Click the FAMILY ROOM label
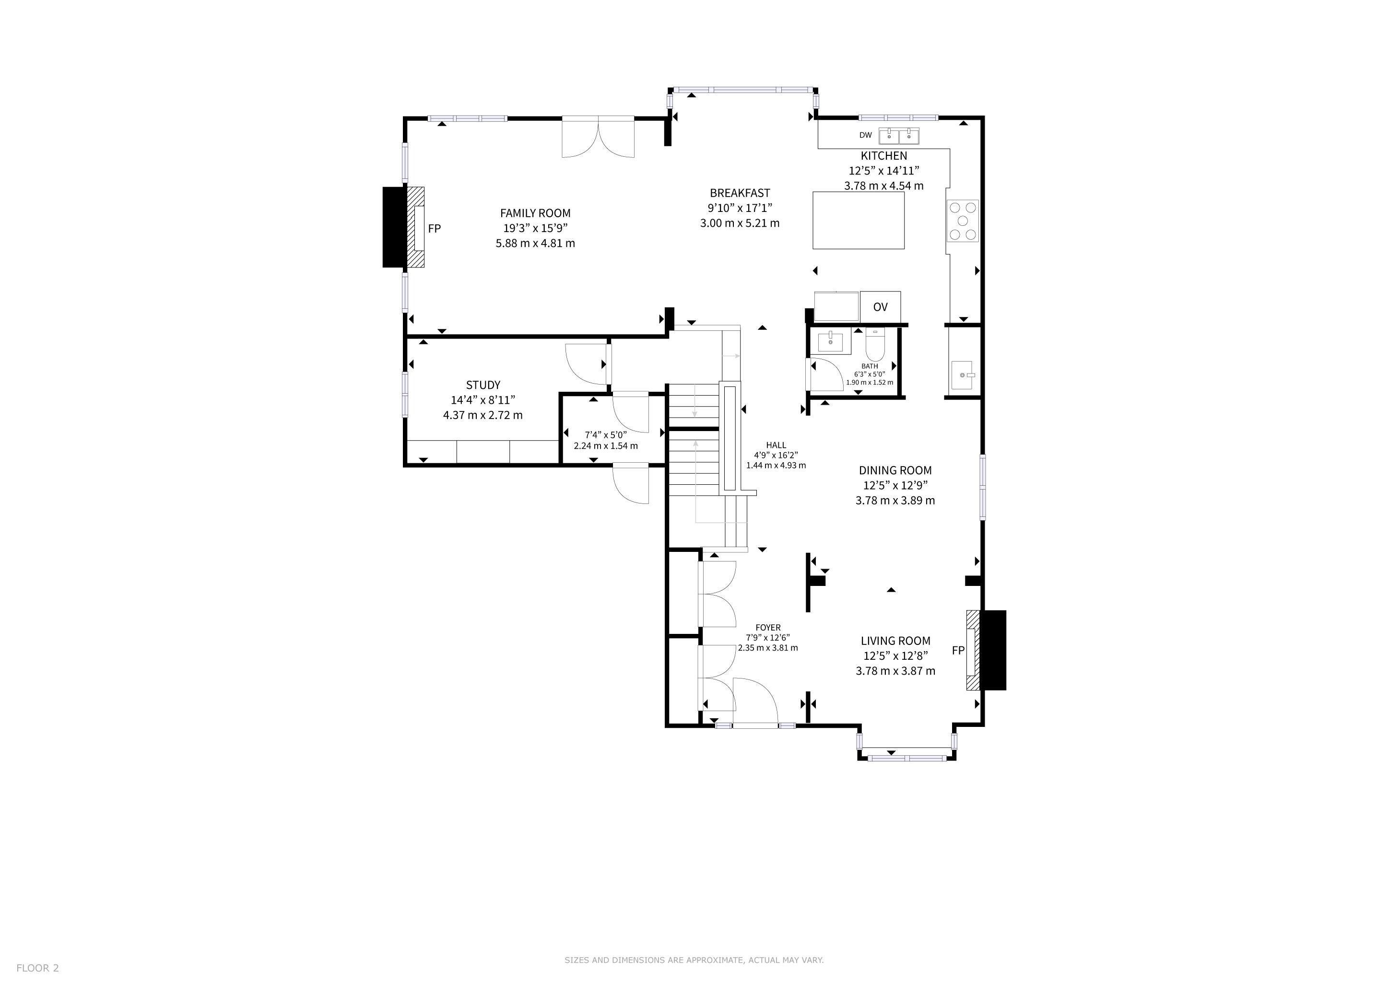535,213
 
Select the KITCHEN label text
884,155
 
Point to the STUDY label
483,385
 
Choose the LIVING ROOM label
895,640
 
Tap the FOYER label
768,628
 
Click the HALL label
776,445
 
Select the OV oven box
880,306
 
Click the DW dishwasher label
866,135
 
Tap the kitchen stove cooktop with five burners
963,221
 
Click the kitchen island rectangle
859,220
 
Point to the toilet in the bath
875,344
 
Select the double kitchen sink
899,136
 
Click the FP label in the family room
435,229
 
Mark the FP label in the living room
958,651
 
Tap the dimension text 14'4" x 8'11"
483,400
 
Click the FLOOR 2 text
37,968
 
